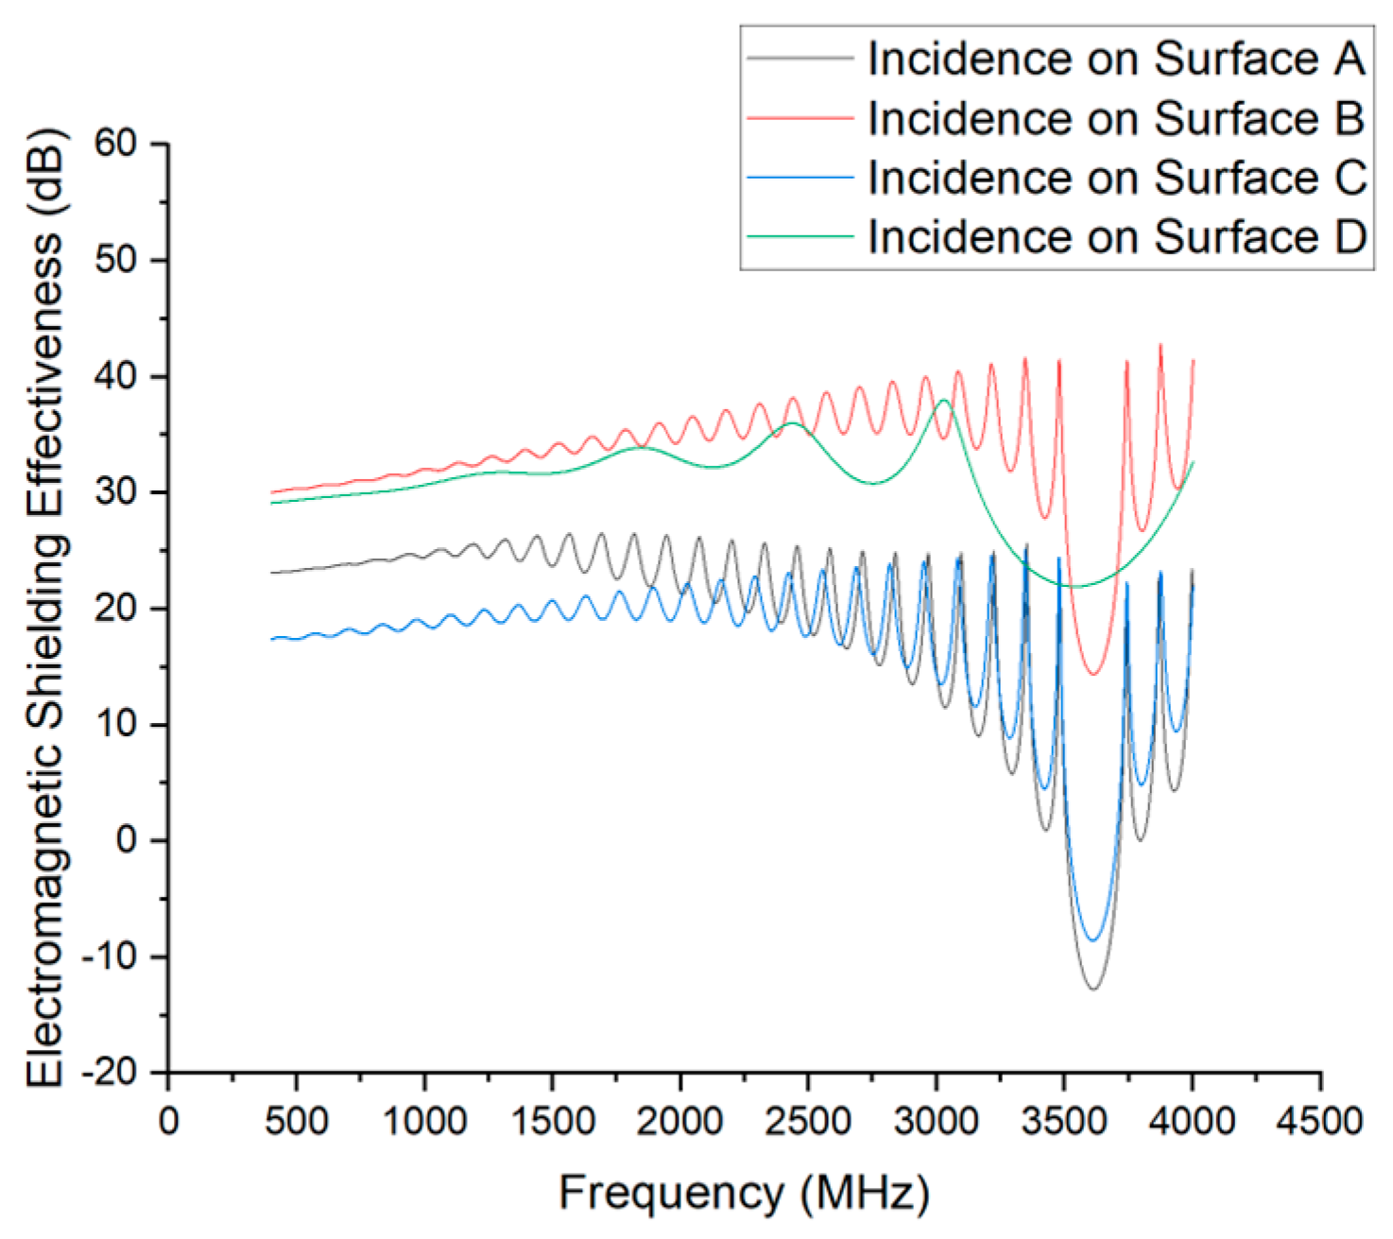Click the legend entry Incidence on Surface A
tap(1117, 59)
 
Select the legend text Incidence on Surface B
tap(1117, 117)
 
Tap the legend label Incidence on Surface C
tap(1117, 178)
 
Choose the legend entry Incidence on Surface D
tap(1117, 236)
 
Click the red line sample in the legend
tap(800, 117)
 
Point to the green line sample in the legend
tap(800, 236)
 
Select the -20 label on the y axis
tap(110, 1072)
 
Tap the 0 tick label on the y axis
tap(127, 840)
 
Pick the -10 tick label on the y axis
tap(110, 956)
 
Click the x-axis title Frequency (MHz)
tap(744, 1194)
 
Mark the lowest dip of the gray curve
tap(1093, 989)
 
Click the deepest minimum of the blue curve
tap(1092, 940)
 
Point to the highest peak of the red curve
tap(1161, 344)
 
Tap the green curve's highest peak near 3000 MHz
tap(944, 400)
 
